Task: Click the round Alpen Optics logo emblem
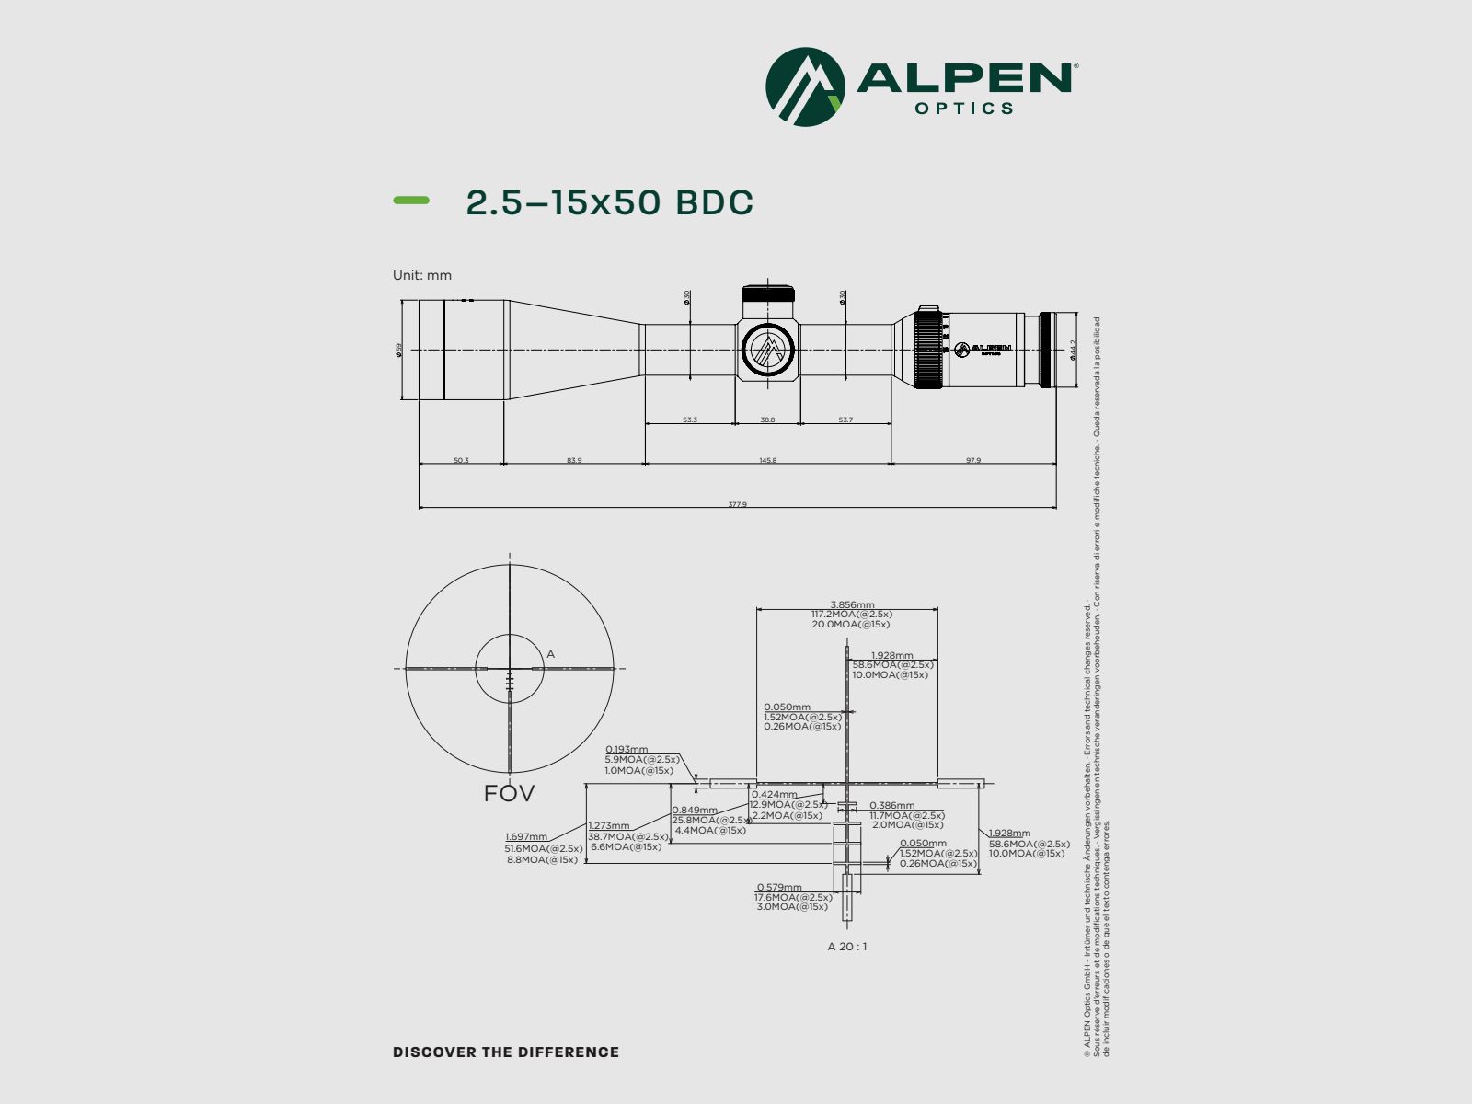[805, 87]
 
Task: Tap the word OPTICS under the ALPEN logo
[964, 109]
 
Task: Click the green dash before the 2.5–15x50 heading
[411, 201]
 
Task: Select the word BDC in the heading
[715, 202]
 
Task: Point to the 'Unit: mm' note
[422, 275]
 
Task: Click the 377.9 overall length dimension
[737, 504]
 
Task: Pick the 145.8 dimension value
[767, 460]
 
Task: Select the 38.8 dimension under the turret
[767, 420]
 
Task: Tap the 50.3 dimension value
[461, 460]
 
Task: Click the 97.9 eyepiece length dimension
[972, 460]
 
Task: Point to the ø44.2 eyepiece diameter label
[1073, 350]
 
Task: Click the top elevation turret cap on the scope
[768, 294]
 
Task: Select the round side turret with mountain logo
[768, 350]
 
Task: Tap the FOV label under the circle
[509, 793]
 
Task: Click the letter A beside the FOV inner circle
[550, 654]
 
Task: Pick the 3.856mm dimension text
[851, 605]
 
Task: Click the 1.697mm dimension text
[525, 837]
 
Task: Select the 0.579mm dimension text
[778, 888]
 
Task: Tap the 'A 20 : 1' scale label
[846, 947]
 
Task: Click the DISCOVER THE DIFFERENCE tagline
[506, 1052]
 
